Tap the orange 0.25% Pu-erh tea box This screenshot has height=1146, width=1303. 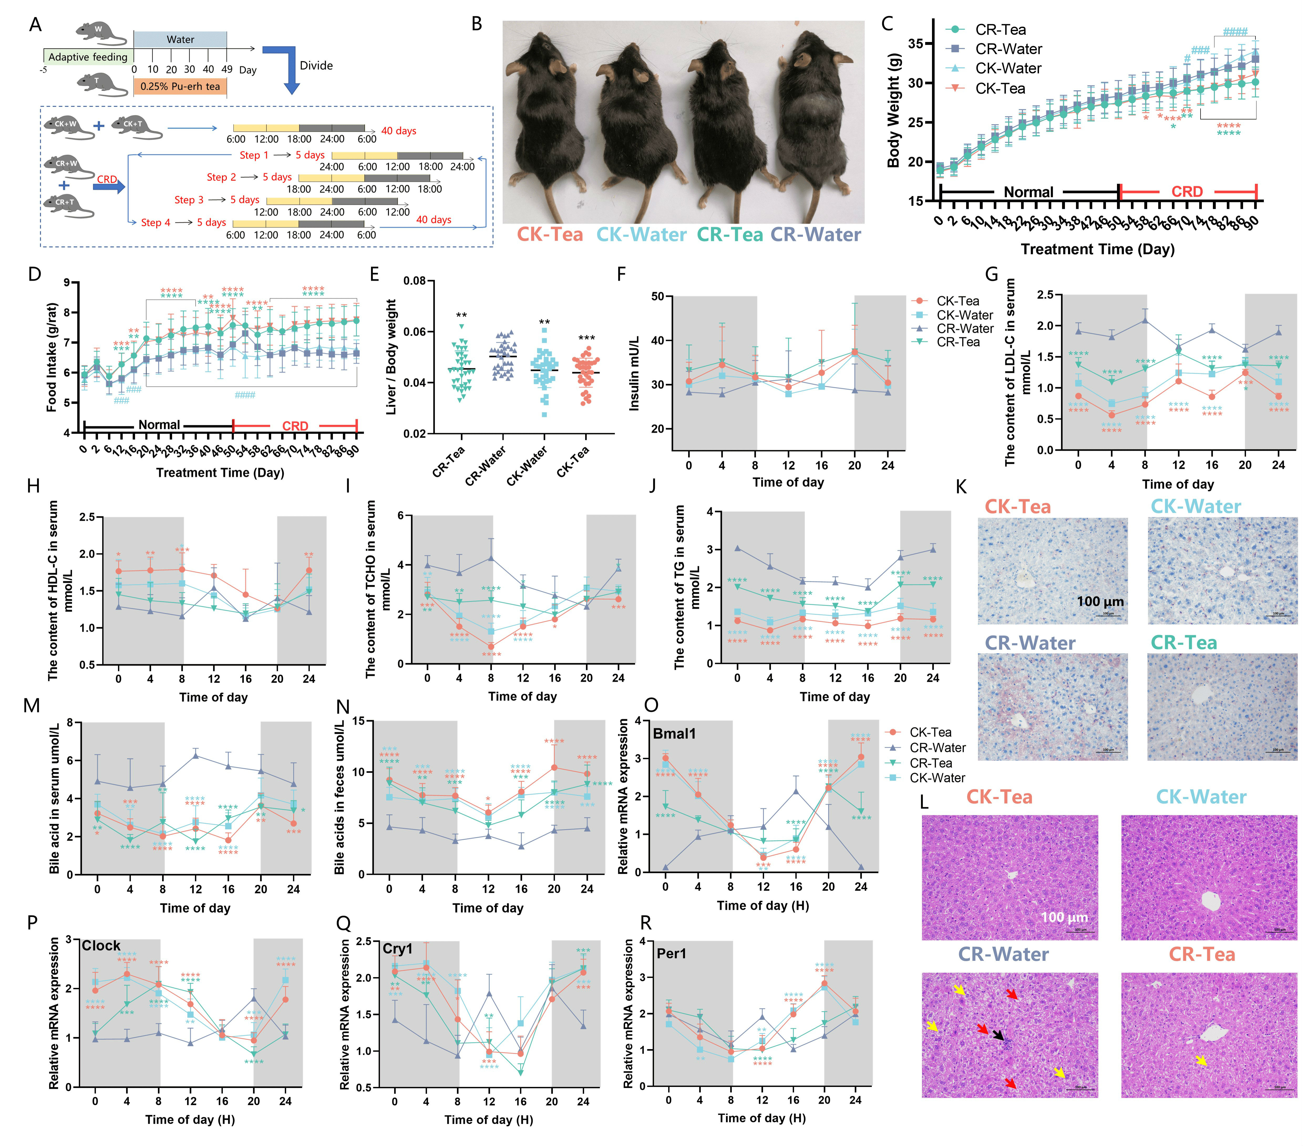[180, 86]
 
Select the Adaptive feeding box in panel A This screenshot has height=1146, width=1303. [88, 57]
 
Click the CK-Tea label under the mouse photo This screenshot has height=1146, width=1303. [549, 235]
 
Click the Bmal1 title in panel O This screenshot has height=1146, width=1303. [674, 734]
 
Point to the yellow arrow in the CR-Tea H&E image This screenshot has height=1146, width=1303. [1200, 1059]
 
